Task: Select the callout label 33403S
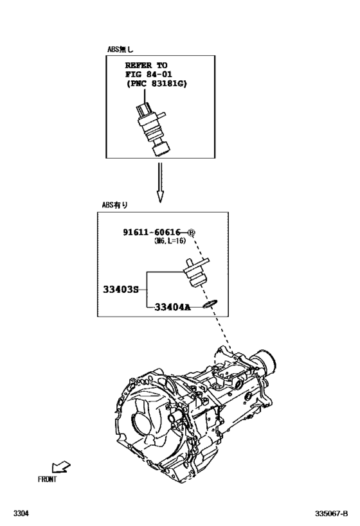click(121, 290)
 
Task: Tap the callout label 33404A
click(172, 307)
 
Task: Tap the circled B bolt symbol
click(191, 232)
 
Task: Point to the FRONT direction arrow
click(61, 467)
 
